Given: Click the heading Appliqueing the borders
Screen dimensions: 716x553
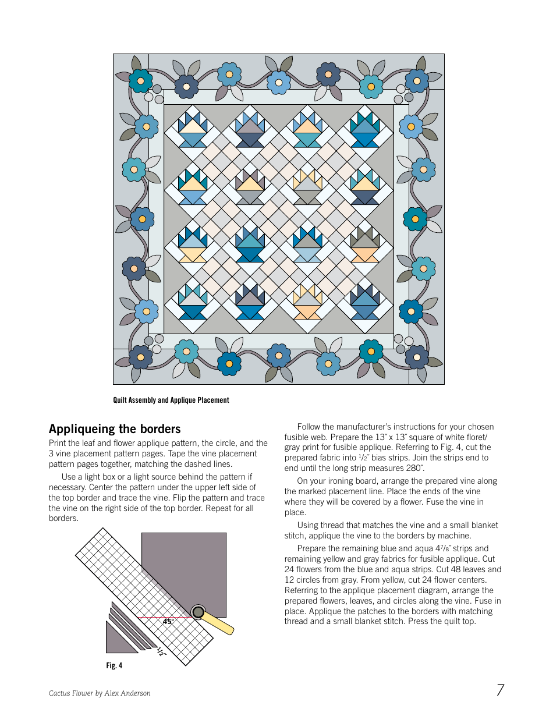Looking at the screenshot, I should pyautogui.click(x=115, y=429).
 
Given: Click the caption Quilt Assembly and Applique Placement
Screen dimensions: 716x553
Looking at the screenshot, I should pyautogui.click(x=171, y=400).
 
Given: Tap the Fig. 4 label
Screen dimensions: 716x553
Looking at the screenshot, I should pyautogui.click(x=114, y=665).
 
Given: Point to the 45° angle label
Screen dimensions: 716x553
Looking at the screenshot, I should pyautogui.click(x=168, y=622).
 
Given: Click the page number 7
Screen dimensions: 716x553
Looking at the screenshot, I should pyautogui.click(x=500, y=690).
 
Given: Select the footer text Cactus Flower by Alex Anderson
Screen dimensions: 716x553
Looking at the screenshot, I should pyautogui.click(x=100, y=693).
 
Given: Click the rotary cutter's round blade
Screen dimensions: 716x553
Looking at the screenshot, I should pyautogui.click(x=198, y=612).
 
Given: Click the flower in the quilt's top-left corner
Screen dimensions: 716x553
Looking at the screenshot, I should pyautogui.click(x=140, y=81).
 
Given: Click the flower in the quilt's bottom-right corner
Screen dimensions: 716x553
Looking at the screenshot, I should pyautogui.click(x=417, y=357).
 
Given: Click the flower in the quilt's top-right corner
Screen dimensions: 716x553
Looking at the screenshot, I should pyautogui.click(x=417, y=81).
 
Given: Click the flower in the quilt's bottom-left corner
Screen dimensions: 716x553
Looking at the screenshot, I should pyautogui.click(x=140, y=357).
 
